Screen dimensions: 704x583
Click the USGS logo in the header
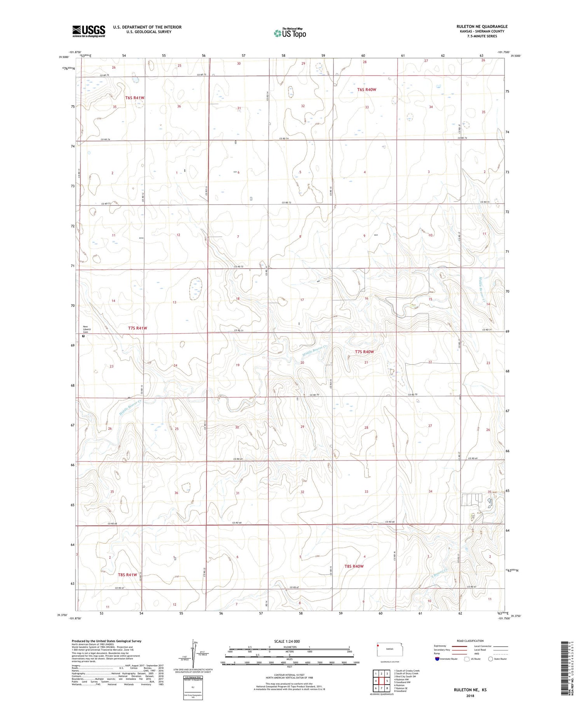pos(89,31)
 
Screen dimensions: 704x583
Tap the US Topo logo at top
pos(290,33)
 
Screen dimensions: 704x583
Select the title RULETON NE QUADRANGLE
pos(482,26)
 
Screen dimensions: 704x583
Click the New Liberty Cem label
pos(86,329)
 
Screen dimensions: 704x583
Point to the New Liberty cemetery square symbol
pos(83,336)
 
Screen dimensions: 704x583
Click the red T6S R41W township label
pos(135,98)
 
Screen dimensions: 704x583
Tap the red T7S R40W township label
pos(364,352)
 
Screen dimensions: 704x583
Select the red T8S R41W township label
pos(128,575)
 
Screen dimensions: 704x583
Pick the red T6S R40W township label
pos(367,90)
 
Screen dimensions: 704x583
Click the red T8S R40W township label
pos(354,566)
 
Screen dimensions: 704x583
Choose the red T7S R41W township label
pos(138,328)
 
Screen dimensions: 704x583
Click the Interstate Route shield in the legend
pos(437,659)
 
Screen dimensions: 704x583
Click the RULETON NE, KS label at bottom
pos(470,690)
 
